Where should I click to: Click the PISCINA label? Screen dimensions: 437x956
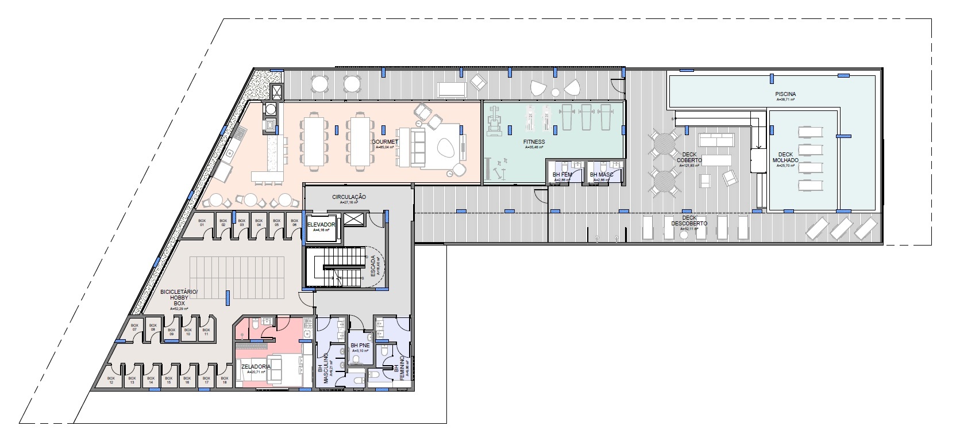(x=784, y=94)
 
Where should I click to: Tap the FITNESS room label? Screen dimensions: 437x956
(x=534, y=141)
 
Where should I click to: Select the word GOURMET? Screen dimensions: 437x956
(x=381, y=141)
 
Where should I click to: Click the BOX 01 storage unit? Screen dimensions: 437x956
(x=202, y=223)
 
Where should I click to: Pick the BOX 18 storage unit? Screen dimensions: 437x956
(x=224, y=380)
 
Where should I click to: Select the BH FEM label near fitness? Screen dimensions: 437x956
(x=561, y=174)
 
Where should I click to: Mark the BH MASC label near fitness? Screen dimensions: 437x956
(x=601, y=174)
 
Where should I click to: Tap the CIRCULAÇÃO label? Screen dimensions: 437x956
(x=349, y=197)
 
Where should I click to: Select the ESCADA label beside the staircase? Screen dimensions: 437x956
(x=373, y=266)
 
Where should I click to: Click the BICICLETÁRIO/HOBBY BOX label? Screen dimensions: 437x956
(x=178, y=297)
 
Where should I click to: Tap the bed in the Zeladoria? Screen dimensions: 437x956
(x=282, y=367)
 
